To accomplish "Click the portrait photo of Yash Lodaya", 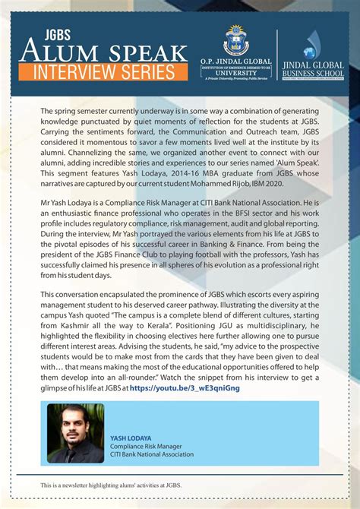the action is tap(75, 433).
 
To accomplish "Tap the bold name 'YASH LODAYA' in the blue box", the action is tap(131, 438).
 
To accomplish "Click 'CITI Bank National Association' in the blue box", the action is tap(152, 454).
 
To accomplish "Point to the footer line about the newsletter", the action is tap(111, 484).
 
